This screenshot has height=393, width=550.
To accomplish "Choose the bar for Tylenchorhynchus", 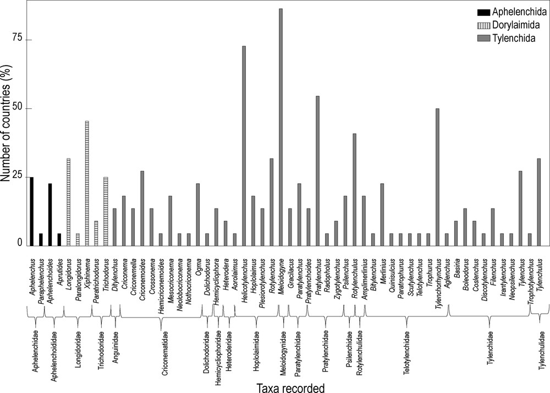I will point(437,176).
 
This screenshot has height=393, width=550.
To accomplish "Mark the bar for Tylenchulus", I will point(539,201).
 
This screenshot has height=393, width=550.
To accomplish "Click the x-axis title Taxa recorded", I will point(291,387).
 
